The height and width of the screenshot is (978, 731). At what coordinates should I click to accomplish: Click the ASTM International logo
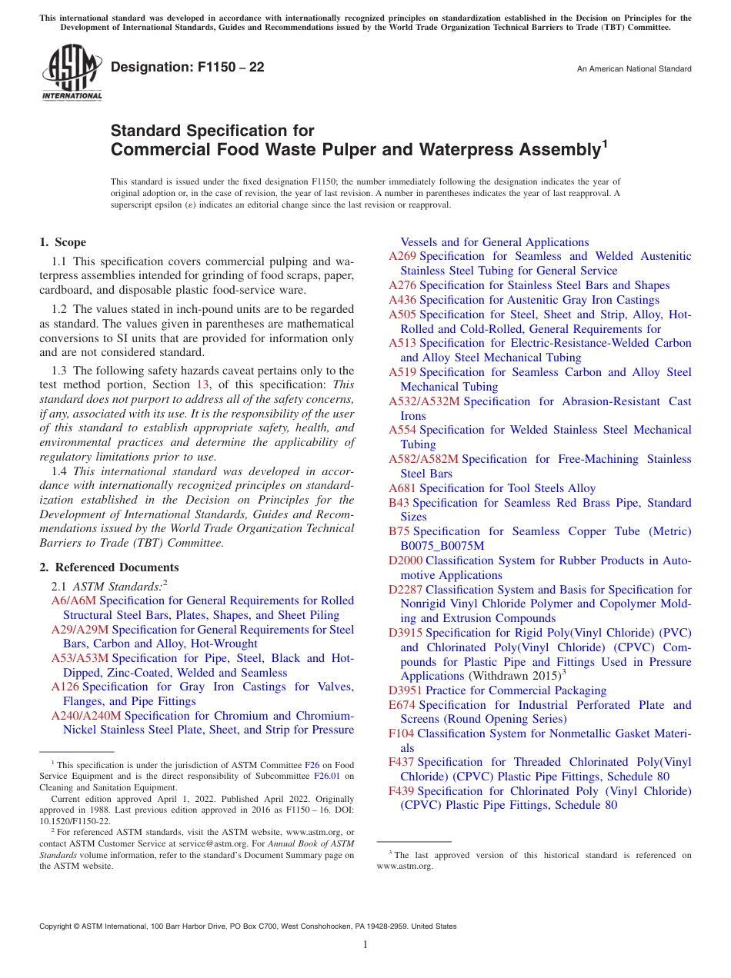(72, 73)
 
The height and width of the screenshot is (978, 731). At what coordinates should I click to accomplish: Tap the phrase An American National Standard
(634, 69)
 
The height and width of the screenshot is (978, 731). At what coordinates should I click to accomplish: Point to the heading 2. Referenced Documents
(108, 567)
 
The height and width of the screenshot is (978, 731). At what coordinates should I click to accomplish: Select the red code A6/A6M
(73, 600)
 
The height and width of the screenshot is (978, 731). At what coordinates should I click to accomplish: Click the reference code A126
(65, 687)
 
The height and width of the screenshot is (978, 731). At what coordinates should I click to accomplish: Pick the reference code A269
(402, 256)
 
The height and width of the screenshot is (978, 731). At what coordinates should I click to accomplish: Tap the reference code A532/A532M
(424, 401)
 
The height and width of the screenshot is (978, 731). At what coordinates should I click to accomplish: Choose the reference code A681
(402, 488)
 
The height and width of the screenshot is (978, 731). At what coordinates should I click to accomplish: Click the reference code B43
(399, 503)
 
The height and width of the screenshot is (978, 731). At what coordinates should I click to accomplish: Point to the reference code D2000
(406, 561)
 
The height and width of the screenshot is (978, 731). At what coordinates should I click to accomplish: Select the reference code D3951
(406, 690)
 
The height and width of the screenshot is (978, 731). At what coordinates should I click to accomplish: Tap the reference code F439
(402, 791)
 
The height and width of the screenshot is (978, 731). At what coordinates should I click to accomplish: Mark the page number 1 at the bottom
(365, 945)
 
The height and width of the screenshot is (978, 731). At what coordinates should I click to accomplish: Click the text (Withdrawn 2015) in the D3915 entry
(511, 677)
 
